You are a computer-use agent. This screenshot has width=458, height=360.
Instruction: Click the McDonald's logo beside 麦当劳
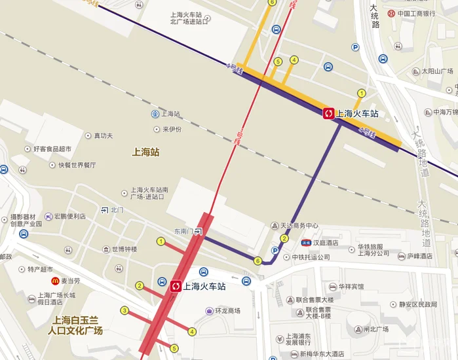(56, 280)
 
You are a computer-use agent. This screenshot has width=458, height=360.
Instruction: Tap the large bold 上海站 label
(145, 152)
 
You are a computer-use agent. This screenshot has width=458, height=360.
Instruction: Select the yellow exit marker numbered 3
(124, 310)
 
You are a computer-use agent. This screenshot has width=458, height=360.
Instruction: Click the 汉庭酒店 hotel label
(325, 243)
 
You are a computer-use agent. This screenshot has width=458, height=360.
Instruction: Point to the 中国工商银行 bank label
(416, 13)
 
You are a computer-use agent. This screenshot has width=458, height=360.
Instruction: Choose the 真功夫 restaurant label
(103, 135)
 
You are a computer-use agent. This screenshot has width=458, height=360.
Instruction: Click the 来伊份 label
(172, 129)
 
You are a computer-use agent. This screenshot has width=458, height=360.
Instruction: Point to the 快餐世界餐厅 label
(77, 165)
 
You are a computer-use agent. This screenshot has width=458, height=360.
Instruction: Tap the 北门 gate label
(117, 210)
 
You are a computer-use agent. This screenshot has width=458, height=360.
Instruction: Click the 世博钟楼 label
(124, 249)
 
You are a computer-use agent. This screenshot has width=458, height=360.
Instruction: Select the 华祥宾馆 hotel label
(351, 287)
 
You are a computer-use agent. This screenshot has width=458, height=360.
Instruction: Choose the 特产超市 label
(40, 269)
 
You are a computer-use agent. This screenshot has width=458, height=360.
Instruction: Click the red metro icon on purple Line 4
(328, 114)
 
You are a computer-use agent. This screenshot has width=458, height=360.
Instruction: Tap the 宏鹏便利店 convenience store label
(69, 216)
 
